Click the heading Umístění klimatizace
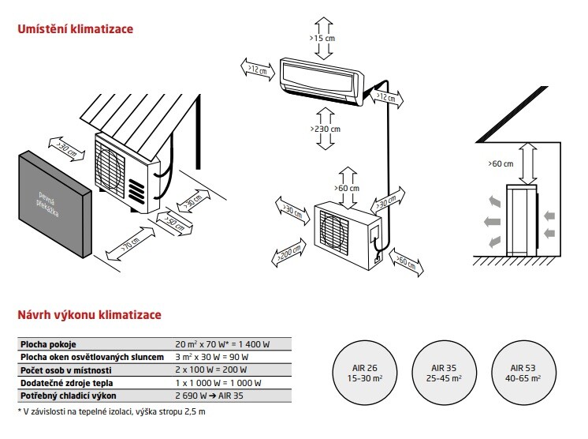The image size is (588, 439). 75,29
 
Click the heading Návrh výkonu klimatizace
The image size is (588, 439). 89,314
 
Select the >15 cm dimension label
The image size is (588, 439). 322,37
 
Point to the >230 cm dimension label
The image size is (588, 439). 325,129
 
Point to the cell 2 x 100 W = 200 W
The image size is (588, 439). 210,368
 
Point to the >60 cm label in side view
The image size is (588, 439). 500,163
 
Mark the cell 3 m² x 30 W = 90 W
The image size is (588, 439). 214,357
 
